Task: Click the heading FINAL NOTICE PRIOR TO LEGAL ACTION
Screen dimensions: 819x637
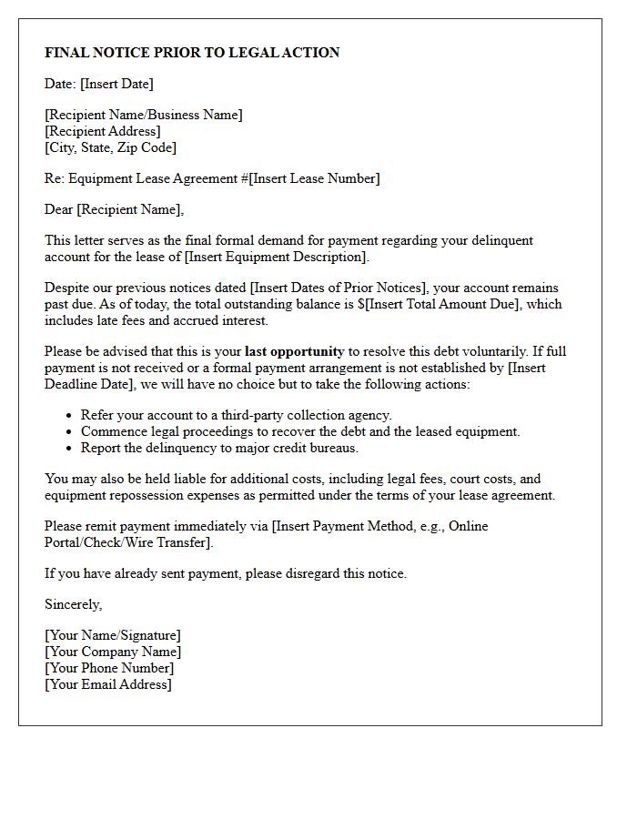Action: click(192, 53)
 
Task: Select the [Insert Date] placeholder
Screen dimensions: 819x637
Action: click(116, 84)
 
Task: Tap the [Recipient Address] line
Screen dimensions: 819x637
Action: click(102, 131)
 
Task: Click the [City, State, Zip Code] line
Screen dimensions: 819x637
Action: click(110, 147)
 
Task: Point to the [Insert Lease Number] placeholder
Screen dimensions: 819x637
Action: click(315, 178)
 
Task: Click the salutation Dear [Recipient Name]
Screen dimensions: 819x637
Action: click(114, 209)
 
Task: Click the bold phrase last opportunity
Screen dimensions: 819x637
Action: click(294, 351)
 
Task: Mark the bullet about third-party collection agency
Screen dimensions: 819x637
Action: click(236, 415)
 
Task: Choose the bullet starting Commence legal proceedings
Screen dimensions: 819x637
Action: click(300, 431)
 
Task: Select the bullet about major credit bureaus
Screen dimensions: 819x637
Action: click(219, 448)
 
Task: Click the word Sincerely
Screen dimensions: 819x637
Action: click(73, 604)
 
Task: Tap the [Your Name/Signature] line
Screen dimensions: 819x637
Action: click(113, 635)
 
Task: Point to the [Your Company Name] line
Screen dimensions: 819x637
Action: click(113, 652)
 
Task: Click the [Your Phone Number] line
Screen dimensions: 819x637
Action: click(109, 668)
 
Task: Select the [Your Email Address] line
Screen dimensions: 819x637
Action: click(107, 684)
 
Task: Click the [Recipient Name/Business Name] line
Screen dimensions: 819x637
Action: click(144, 115)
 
